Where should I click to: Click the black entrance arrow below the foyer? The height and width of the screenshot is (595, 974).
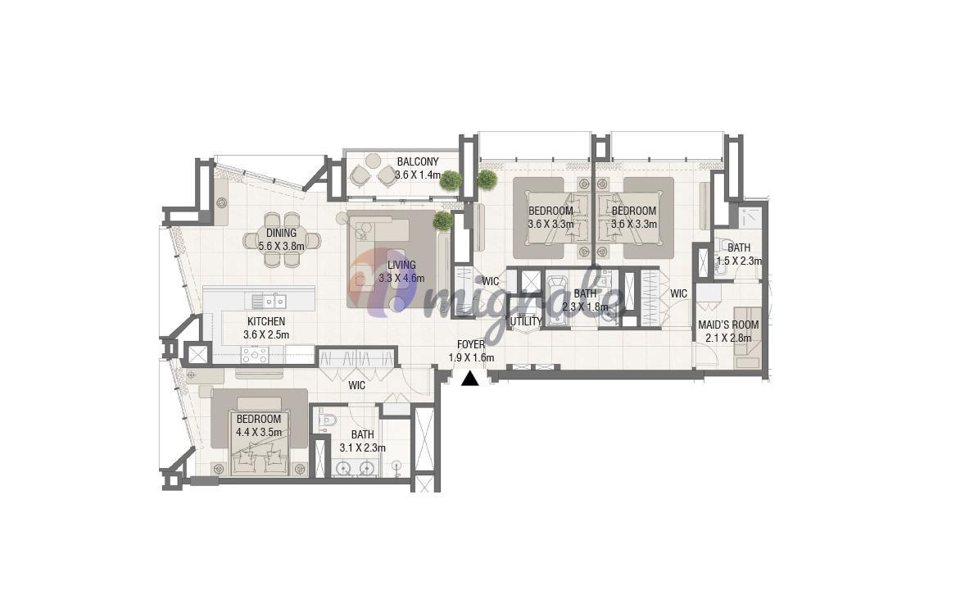tap(470, 378)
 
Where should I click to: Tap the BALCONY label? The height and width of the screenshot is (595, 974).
tap(418, 161)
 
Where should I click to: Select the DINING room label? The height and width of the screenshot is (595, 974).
tap(282, 233)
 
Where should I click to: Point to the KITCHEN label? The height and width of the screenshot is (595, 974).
tap(266, 321)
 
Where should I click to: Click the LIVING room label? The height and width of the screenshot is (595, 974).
tap(401, 266)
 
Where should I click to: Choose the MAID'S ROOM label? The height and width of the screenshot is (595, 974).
tap(728, 325)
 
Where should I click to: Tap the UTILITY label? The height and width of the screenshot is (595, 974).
tap(526, 321)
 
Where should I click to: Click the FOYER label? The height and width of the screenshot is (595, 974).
tap(471, 344)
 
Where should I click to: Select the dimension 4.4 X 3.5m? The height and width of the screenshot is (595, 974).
tap(258, 432)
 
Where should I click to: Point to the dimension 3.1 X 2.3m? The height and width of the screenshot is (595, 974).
tap(362, 447)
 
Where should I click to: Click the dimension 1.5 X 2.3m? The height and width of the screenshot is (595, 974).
tap(739, 261)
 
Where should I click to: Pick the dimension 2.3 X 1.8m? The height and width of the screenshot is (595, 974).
tap(585, 307)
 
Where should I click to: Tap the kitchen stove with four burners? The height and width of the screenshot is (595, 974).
tap(255, 355)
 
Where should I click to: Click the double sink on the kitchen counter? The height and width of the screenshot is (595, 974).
tap(269, 302)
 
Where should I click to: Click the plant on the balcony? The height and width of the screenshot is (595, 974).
tap(451, 180)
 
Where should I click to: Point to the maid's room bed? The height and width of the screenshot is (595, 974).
tap(747, 338)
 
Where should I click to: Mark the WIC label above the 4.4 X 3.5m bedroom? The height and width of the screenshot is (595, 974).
tap(356, 385)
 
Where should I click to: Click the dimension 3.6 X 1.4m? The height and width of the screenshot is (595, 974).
tap(418, 175)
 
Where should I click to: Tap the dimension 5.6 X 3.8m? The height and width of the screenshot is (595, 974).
tap(282, 246)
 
